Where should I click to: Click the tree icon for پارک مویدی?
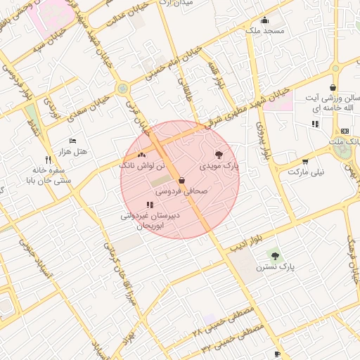(219, 154)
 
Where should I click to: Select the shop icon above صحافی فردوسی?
(181, 180)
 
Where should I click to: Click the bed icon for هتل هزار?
(72, 141)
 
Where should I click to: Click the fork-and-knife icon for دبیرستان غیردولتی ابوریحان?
(149, 205)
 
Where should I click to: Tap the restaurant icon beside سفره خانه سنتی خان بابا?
(48, 159)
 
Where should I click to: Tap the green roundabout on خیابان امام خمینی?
(123, 89)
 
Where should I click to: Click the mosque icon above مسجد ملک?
(264, 20)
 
